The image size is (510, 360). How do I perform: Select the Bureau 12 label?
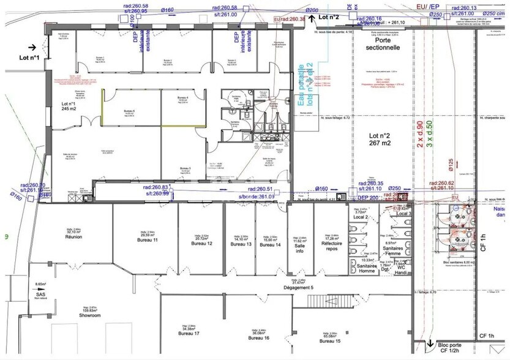[201, 243]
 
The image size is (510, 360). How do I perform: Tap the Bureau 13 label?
[241, 244]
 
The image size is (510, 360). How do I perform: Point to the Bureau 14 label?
[269, 244]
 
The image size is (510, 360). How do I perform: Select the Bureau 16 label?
[258, 337]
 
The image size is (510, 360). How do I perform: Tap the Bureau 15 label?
[329, 340]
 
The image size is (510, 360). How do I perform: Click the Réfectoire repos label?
[331, 246]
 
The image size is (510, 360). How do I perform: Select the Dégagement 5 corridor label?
[298, 287]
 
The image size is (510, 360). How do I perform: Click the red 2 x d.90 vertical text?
[420, 133]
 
